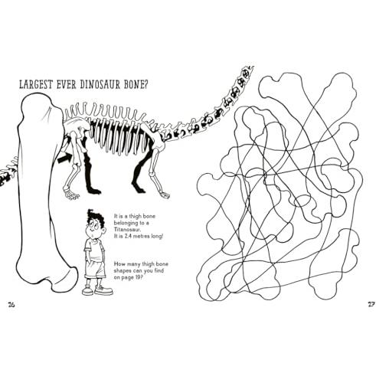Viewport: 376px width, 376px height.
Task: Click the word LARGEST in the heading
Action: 36,84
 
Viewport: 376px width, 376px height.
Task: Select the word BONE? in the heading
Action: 136,84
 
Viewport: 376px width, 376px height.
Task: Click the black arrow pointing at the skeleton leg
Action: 65,158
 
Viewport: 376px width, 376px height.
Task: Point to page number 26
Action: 11,304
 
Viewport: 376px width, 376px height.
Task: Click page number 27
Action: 371,304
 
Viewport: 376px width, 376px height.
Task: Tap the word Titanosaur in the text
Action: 124,230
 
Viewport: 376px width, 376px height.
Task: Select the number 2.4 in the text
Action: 129,237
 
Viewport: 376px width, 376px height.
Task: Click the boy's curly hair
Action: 96,218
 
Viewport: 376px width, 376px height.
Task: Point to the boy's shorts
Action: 95,269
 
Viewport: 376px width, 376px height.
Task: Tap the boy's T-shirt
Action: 94,250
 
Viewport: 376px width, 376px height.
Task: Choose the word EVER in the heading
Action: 66,84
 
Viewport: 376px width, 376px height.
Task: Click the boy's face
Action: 95,228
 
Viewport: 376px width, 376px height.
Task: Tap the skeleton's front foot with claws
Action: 71,195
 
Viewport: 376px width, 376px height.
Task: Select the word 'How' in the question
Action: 119,264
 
